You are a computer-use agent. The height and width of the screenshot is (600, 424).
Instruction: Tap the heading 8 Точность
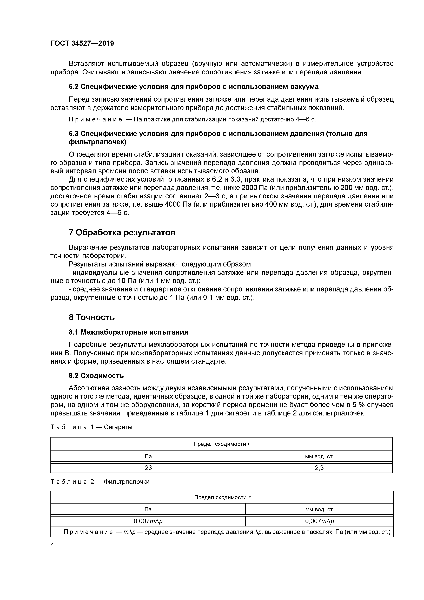(x=92, y=317)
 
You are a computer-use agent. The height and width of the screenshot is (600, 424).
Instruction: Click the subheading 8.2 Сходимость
(x=96, y=376)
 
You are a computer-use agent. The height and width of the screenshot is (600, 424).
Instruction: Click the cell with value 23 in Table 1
(x=148, y=468)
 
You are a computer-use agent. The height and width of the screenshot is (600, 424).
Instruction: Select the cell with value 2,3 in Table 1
(x=319, y=468)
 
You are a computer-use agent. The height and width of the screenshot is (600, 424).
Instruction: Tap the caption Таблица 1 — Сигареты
(x=91, y=427)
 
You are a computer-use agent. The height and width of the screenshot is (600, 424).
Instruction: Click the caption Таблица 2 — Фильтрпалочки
(x=100, y=482)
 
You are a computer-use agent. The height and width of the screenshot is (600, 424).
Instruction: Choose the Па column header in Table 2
(x=148, y=509)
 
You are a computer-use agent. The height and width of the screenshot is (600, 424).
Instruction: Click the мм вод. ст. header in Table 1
(x=319, y=456)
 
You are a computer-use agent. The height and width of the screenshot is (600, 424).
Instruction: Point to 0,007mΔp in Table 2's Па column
(x=148, y=521)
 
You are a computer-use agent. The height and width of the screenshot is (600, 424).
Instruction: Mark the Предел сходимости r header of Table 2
(x=222, y=497)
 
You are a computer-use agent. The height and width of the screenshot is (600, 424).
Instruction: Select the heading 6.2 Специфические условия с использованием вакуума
(x=194, y=87)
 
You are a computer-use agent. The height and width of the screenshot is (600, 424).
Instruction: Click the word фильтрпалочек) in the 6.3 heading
(x=97, y=142)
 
